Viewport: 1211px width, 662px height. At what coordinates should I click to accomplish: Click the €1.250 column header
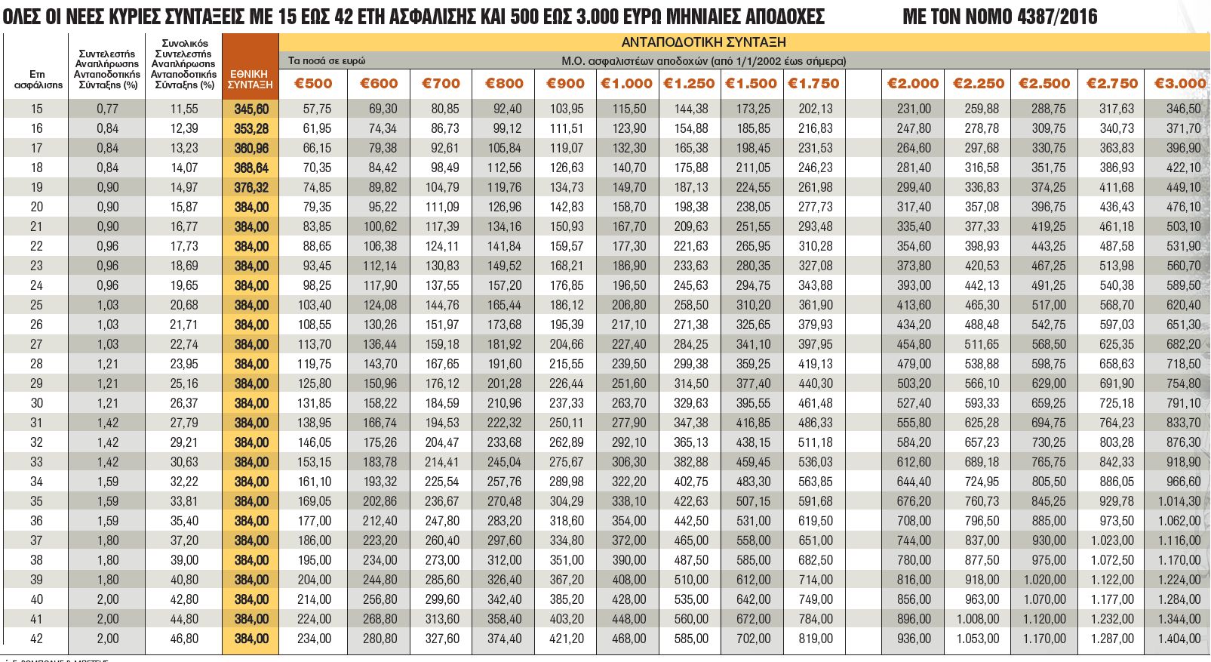689,84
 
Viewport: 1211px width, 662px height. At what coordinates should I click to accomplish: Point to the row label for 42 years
36,639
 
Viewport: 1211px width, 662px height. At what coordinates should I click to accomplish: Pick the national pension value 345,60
251,109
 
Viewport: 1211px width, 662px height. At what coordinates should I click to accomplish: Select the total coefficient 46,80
184,639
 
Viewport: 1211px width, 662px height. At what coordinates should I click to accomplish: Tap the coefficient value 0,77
107,109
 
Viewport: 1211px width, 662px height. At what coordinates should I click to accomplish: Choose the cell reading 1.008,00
978,619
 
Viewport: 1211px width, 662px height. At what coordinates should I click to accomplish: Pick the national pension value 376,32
251,187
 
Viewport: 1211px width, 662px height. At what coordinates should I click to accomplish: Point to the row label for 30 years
36,403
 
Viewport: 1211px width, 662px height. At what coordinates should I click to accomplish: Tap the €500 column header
313,84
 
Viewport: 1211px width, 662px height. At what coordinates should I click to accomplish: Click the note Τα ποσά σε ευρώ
327,60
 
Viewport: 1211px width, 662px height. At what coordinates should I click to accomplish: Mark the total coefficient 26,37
184,403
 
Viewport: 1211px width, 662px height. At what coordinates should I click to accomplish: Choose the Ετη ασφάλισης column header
36,79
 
